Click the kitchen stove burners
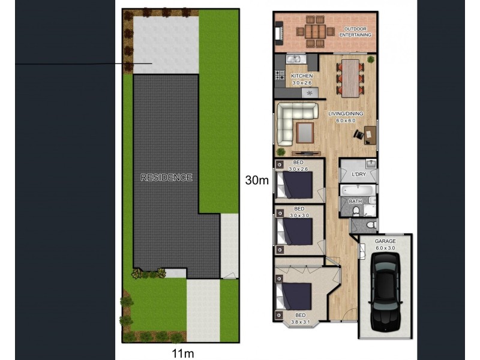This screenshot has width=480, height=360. pyautogui.click(x=280, y=76)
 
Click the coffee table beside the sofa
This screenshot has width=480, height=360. pyautogui.click(x=305, y=132)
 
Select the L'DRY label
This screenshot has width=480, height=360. pyautogui.click(x=359, y=174)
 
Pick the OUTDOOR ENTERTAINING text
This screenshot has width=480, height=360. pyautogui.click(x=356, y=32)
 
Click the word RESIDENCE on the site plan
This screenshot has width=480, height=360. pyautogui.click(x=166, y=178)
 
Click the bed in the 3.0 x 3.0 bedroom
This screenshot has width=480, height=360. pyautogui.click(x=296, y=231)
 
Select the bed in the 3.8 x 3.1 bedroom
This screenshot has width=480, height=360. pyautogui.click(x=295, y=295)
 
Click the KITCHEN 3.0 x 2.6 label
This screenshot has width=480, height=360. pyautogui.click(x=302, y=79)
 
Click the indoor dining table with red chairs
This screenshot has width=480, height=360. pyautogui.click(x=350, y=76)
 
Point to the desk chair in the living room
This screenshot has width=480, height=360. pyautogui.click(x=358, y=134)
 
